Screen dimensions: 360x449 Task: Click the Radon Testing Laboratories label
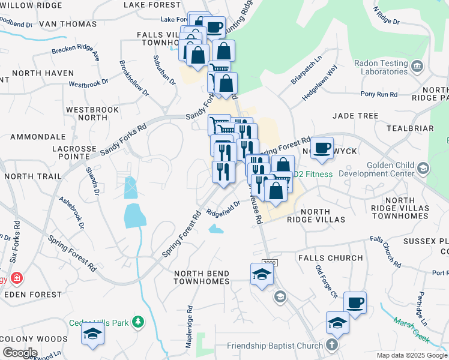[x=381, y=67]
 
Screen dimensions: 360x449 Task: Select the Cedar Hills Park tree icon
[x=138, y=322]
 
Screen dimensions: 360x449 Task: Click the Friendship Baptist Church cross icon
[x=332, y=345]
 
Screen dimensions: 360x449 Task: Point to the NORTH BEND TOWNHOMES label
[x=202, y=277]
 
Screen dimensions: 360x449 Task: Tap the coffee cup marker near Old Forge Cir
[x=355, y=302]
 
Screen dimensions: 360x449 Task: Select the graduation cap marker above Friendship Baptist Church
[x=337, y=323]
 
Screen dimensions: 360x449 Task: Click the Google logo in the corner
[x=19, y=353]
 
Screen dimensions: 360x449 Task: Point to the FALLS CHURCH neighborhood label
[x=330, y=258]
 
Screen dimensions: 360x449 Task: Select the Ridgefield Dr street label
[x=223, y=208]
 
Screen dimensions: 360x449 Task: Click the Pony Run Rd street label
[x=379, y=94]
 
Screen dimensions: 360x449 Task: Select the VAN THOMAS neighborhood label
[x=67, y=25]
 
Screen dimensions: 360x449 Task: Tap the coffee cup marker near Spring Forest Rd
[x=322, y=147]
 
